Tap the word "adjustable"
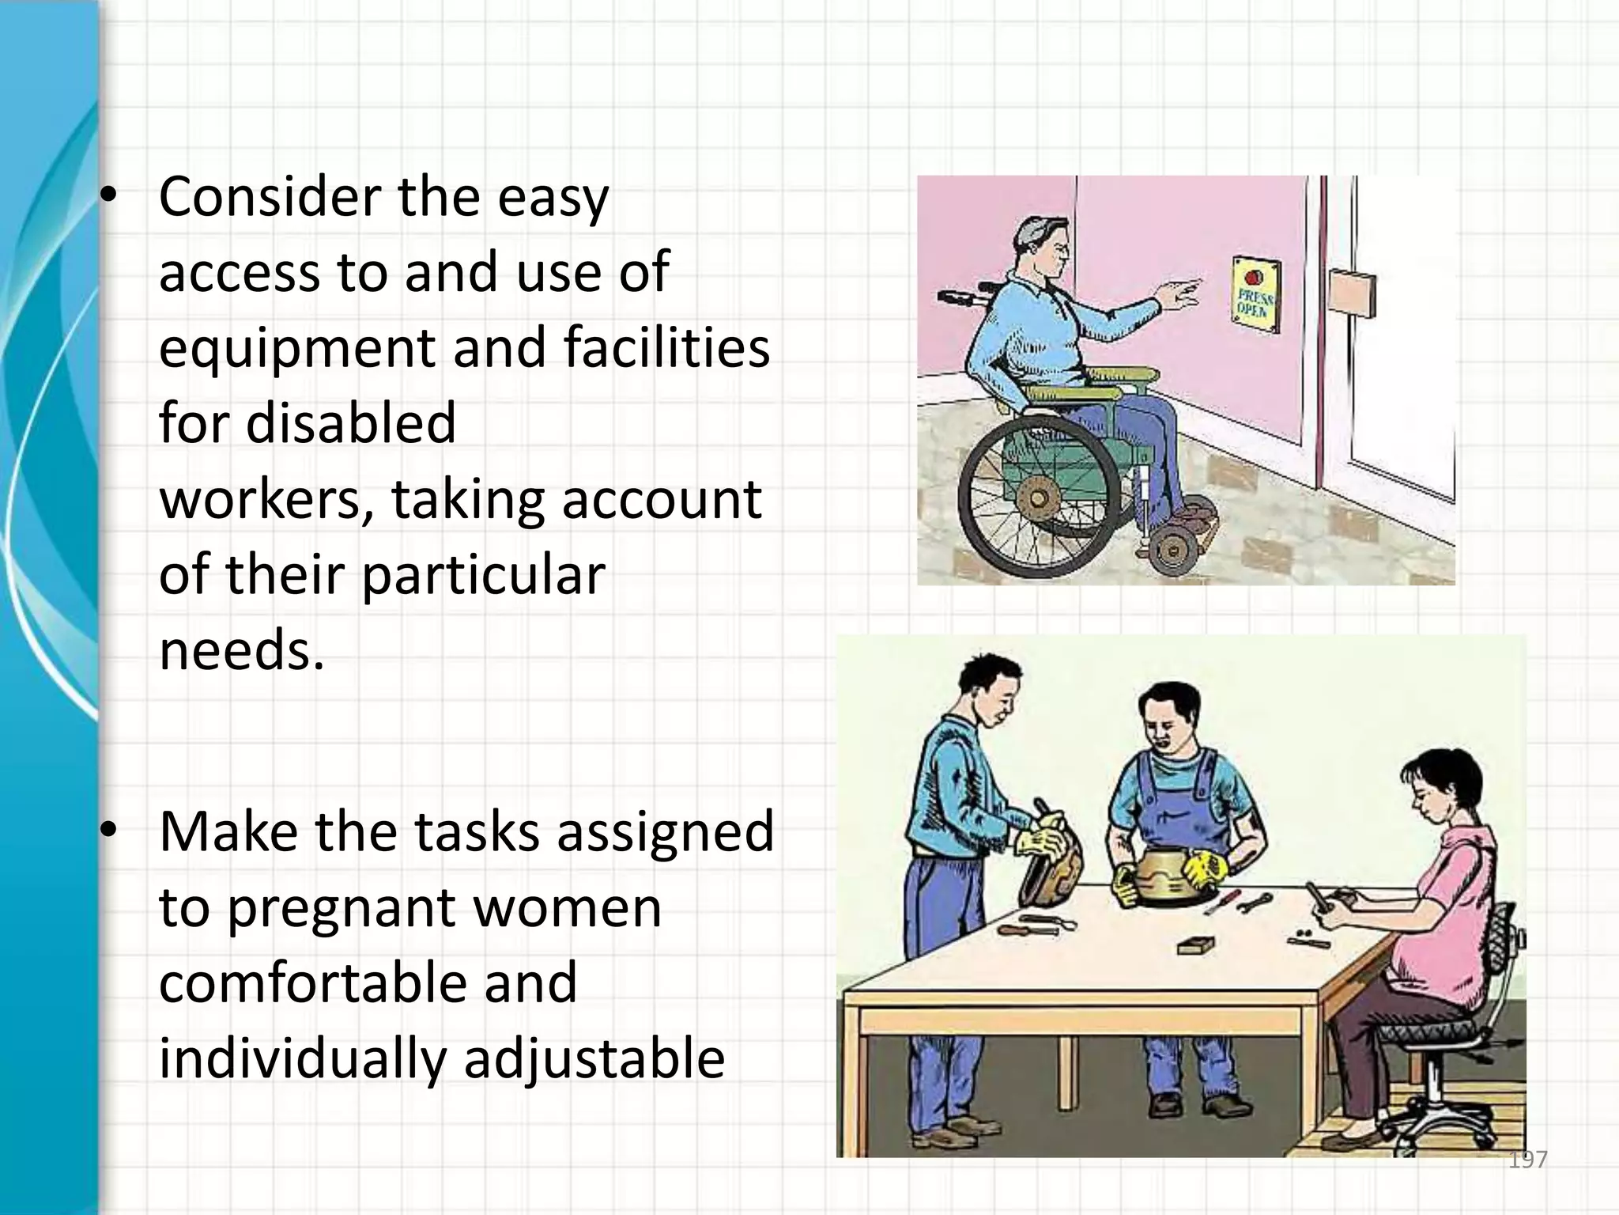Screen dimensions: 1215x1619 (594, 1058)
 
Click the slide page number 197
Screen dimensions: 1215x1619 (1527, 1160)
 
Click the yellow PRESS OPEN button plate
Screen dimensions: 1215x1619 (1255, 294)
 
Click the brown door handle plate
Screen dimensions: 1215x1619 (1353, 291)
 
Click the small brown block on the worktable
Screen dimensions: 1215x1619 (1194, 945)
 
